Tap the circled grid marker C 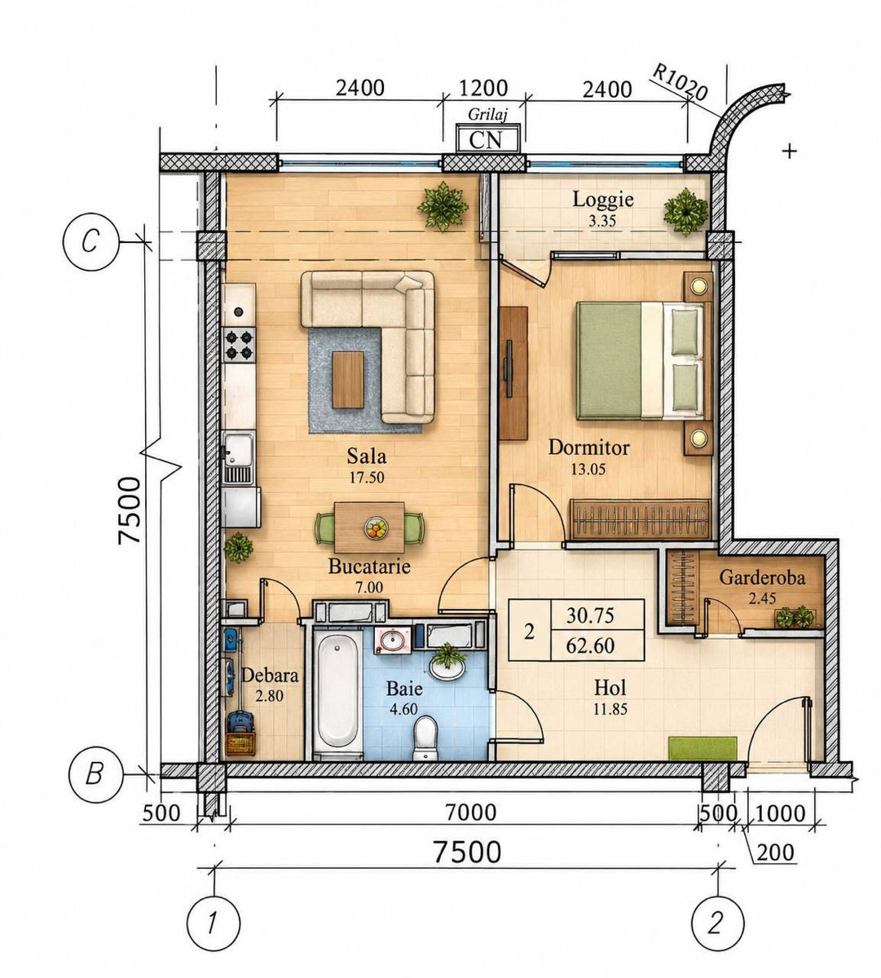click(x=90, y=242)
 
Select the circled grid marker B click(x=95, y=773)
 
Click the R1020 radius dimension click(x=680, y=83)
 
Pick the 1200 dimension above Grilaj click(x=483, y=88)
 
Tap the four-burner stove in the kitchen click(x=240, y=344)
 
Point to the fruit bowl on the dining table click(x=376, y=527)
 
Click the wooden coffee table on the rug click(x=348, y=380)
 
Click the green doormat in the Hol click(x=702, y=748)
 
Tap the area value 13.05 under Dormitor click(x=588, y=469)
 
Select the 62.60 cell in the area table click(x=590, y=646)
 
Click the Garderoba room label click(x=762, y=578)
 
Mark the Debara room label click(x=270, y=676)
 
